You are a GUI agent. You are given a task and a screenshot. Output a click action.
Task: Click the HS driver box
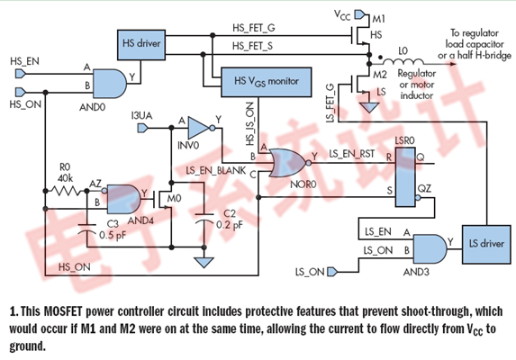pyautogui.click(x=141, y=45)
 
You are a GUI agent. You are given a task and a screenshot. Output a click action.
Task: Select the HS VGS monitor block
pyautogui.click(x=267, y=82)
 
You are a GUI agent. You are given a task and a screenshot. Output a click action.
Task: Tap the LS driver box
pyautogui.click(x=486, y=244)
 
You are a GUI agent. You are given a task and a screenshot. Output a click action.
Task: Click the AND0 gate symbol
pyautogui.click(x=110, y=84)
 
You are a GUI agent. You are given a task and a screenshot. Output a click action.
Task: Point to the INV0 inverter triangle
pyautogui.click(x=199, y=128)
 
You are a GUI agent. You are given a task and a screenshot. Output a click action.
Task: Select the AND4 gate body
pyautogui.click(x=123, y=199)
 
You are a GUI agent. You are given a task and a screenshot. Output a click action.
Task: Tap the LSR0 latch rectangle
pyautogui.click(x=405, y=177)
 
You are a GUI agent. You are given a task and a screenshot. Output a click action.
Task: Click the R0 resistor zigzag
pyautogui.click(x=66, y=191)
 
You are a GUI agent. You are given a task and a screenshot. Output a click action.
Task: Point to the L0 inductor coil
pyautogui.click(x=403, y=61)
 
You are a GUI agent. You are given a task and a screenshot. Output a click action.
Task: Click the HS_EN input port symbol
pyautogui.click(x=21, y=74)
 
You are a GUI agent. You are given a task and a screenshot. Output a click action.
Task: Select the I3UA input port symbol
pyautogui.click(x=142, y=128)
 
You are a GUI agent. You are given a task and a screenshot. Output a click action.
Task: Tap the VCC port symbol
pyautogui.click(x=360, y=14)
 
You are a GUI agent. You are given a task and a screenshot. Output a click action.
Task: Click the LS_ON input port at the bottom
pyautogui.click(x=332, y=272)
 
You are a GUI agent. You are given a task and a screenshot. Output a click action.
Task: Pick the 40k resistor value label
pyautogui.click(x=65, y=178)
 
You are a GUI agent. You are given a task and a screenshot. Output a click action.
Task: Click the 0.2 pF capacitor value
pyautogui.click(x=230, y=225)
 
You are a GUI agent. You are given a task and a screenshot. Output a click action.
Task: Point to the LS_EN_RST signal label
pyautogui.click(x=352, y=154)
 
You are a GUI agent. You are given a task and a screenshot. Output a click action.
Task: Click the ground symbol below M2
pyautogui.click(x=369, y=107)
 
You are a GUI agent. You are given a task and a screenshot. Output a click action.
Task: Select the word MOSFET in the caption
pyautogui.click(x=64, y=311)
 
